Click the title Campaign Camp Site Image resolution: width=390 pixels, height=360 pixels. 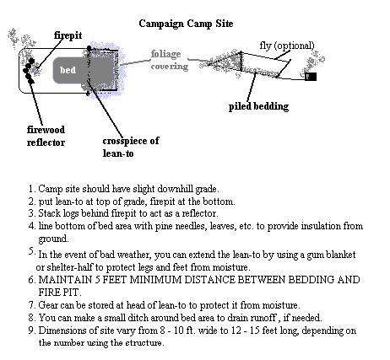[186, 24]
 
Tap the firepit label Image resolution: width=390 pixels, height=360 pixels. [68, 35]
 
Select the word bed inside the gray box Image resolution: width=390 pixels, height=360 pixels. [68, 70]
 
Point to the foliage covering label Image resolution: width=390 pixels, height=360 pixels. [170, 60]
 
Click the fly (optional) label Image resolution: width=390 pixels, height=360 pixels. [287, 46]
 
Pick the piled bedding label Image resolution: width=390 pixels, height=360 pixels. [258, 106]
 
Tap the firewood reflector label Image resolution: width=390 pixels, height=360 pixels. [46, 136]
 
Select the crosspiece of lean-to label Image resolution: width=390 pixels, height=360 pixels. [131, 147]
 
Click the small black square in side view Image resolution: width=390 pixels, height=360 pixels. [311, 77]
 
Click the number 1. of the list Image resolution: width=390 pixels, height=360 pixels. [31, 189]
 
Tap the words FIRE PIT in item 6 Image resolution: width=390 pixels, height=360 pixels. [60, 293]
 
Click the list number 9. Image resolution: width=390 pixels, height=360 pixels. [31, 330]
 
